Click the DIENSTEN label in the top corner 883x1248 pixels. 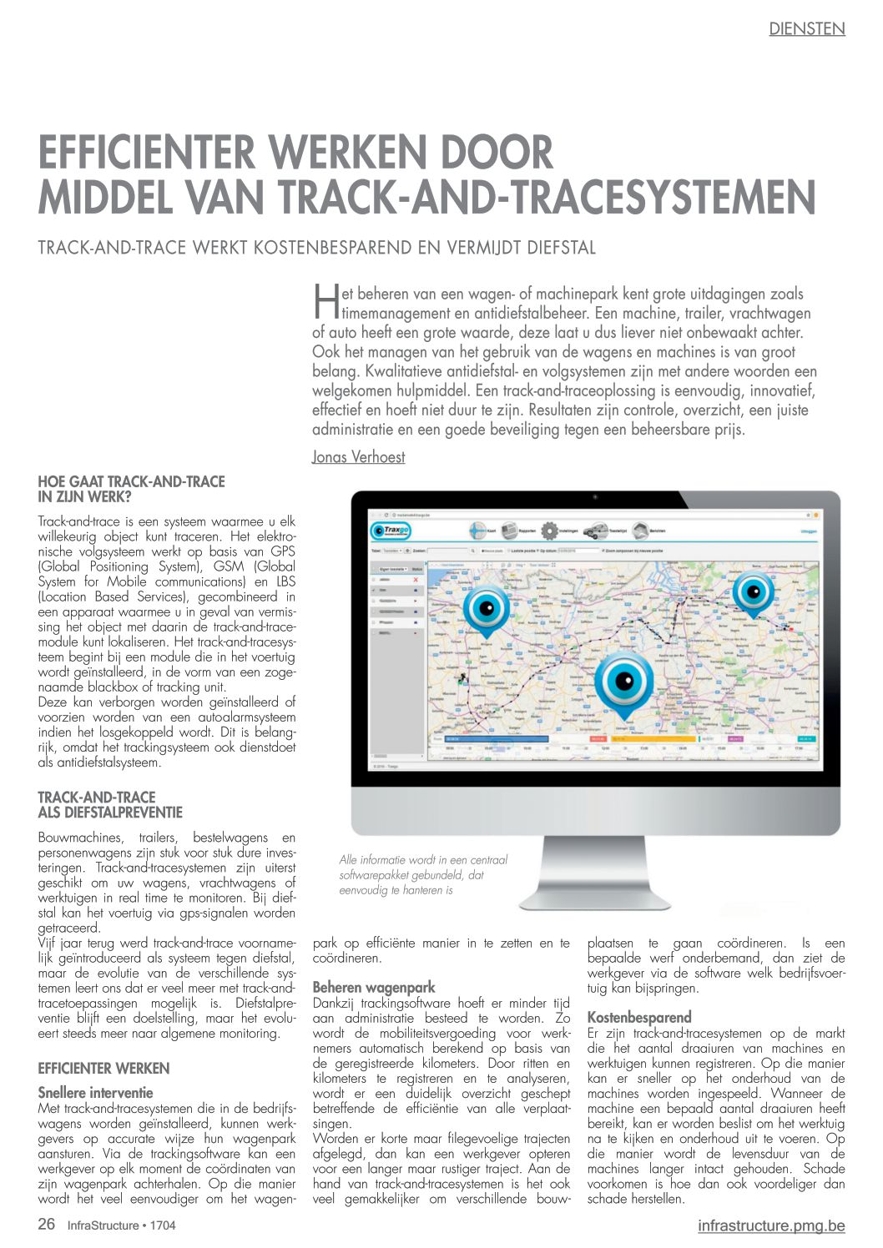806,29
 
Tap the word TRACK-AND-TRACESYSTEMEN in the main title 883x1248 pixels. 546,197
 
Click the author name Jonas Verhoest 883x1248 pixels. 358,456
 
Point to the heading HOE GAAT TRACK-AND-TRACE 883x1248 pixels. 131,481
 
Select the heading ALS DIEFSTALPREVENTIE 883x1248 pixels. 110,812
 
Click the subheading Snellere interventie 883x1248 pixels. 95,1092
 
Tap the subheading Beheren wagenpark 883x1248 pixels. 374,988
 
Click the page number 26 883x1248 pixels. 47,1225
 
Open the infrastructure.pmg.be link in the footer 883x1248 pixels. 771,1225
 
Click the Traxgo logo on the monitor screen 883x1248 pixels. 391,531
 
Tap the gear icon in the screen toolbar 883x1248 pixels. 549,531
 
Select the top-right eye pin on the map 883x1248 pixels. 753,593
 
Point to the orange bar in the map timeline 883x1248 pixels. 652,738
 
